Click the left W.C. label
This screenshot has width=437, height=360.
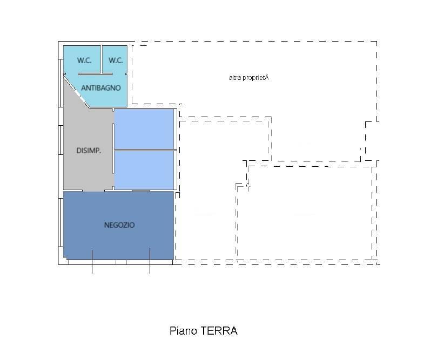[x=84, y=60]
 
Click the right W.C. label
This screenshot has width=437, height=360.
[x=116, y=60]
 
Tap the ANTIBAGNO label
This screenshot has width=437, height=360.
[x=100, y=87]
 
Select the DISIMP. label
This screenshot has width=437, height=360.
[x=89, y=151]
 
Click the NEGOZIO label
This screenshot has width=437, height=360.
[x=119, y=225]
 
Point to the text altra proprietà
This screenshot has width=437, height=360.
[x=248, y=78]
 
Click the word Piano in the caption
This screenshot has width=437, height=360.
[x=184, y=331]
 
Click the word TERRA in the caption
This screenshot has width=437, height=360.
[x=219, y=331]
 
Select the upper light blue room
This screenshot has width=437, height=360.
[x=144, y=128]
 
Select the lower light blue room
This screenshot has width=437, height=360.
[x=144, y=169]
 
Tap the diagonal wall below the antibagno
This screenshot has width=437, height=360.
[x=77, y=91]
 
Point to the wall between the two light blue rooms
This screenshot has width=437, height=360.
[x=144, y=150]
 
